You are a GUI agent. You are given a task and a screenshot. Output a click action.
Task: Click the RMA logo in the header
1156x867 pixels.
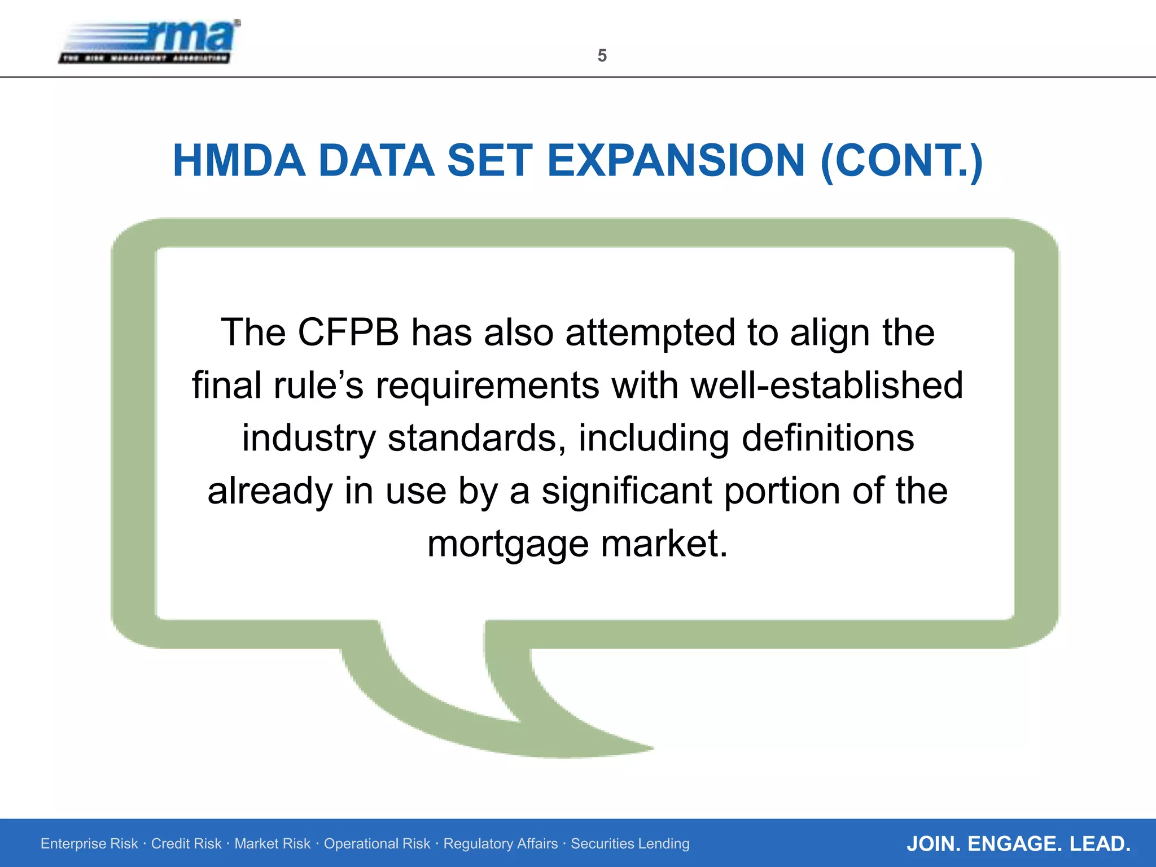point(150,42)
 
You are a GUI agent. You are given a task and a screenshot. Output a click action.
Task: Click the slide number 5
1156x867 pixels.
point(602,55)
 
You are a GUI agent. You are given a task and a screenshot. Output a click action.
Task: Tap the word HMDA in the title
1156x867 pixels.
point(239,161)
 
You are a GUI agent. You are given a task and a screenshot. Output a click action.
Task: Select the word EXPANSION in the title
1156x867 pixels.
point(676,161)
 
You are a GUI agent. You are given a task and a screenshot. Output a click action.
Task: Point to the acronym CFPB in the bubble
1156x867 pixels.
point(348,332)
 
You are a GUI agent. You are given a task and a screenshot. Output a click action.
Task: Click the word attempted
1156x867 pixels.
point(651,334)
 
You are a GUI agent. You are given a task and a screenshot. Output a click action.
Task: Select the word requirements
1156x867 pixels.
point(487,386)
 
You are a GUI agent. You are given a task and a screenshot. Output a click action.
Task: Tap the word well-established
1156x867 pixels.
point(827,385)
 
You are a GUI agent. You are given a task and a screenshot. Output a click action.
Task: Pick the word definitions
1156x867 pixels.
point(827,438)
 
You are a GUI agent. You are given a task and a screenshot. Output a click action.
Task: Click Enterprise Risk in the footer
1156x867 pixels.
point(89,844)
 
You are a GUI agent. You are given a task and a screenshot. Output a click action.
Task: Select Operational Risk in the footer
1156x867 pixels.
point(376,844)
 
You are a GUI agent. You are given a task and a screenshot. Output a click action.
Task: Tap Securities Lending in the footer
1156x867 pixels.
point(630,844)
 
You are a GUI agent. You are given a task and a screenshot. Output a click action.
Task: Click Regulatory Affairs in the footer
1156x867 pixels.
point(500,844)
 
